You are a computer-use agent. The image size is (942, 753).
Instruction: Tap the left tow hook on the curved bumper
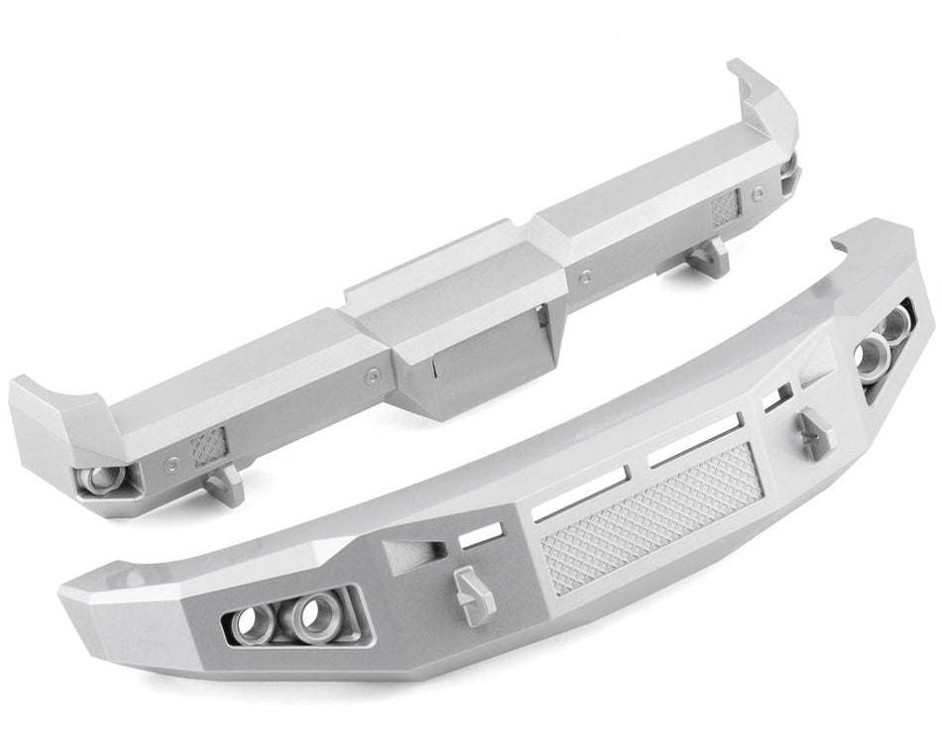[x=473, y=592]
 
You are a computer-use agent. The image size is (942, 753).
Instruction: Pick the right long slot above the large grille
[x=694, y=441]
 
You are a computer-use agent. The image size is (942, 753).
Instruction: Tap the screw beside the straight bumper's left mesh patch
[x=175, y=459]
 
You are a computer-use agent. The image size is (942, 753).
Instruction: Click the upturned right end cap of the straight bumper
[x=764, y=109]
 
